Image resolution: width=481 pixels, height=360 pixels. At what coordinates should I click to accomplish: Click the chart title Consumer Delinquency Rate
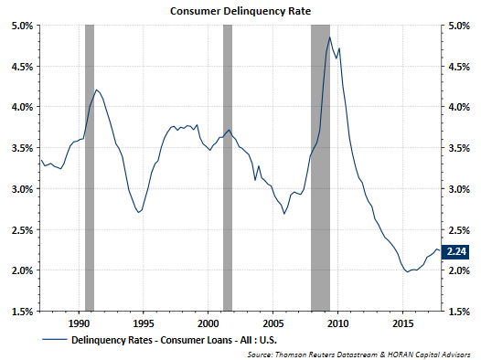239,10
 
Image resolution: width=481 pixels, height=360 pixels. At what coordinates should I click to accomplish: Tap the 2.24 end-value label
454,251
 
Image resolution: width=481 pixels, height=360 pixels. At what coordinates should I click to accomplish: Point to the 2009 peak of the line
329,37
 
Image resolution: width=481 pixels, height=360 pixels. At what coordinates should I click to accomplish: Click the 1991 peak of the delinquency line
97,90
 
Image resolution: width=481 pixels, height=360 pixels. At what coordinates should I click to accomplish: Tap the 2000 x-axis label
208,323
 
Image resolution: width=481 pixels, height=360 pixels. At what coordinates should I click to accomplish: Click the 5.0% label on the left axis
22,26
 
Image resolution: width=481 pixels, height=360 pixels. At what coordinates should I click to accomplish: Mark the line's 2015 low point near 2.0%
408,271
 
